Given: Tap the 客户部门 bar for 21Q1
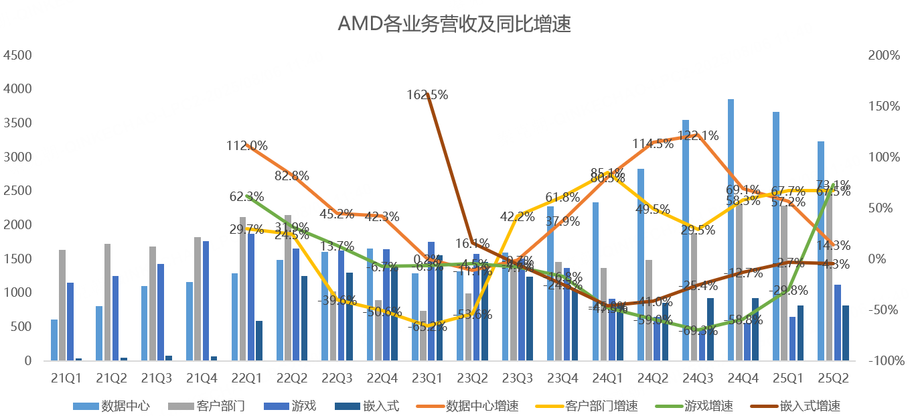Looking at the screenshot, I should point(62,305).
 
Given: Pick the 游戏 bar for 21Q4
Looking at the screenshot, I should point(206,301).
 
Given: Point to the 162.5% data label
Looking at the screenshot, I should point(427,95).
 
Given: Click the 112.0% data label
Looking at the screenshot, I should point(246,145).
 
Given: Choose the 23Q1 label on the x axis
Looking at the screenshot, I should point(427,378).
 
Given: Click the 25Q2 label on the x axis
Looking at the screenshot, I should point(833,378).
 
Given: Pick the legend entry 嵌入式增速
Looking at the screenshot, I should point(810,406).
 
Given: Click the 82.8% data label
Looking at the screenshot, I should point(291,176).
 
